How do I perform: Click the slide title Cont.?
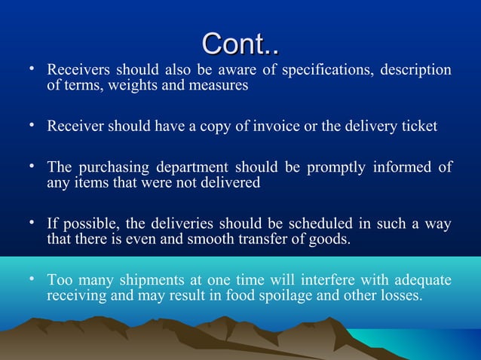(240, 44)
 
